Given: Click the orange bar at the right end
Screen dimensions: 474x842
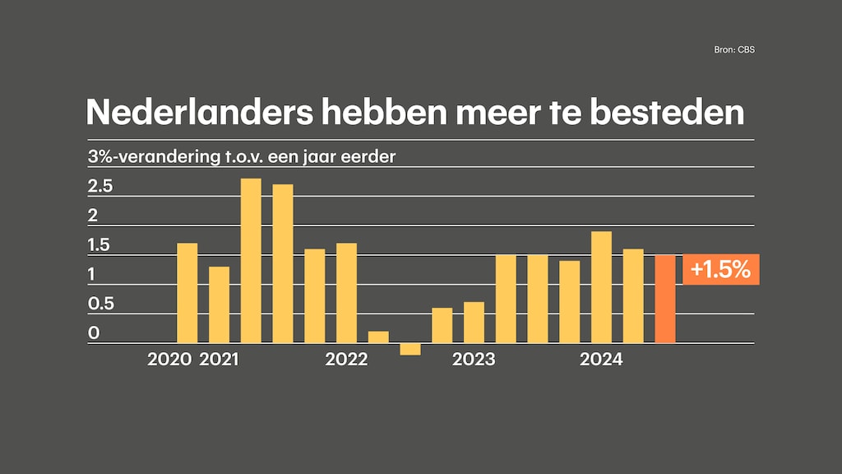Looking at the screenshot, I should pyautogui.click(x=665, y=299).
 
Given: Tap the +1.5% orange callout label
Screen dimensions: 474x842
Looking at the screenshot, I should pyautogui.click(x=721, y=270).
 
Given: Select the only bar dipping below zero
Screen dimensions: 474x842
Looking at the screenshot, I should pyautogui.click(x=410, y=349).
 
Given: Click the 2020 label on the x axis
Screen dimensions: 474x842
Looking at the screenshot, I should pyautogui.click(x=169, y=360).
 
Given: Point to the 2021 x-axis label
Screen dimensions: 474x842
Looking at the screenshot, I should pyautogui.click(x=219, y=360).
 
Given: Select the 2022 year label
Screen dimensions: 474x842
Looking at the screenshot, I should pyautogui.click(x=346, y=360).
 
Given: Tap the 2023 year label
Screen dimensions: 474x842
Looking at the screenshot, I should pyautogui.click(x=474, y=360).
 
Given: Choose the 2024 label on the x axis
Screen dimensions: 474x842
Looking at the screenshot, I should pyautogui.click(x=601, y=360).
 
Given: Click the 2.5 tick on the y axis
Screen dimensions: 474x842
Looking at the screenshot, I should pyautogui.click(x=99, y=187).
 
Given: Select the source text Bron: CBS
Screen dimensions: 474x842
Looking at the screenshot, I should pyautogui.click(x=733, y=50).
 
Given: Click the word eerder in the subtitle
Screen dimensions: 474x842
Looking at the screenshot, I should pyautogui.click(x=370, y=156).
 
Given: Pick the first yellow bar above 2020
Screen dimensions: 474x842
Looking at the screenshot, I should pyautogui.click(x=187, y=293).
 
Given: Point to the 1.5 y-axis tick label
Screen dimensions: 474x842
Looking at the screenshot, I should pyautogui.click(x=99, y=245).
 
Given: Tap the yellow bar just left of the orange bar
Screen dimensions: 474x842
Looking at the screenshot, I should pyautogui.click(x=633, y=295).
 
